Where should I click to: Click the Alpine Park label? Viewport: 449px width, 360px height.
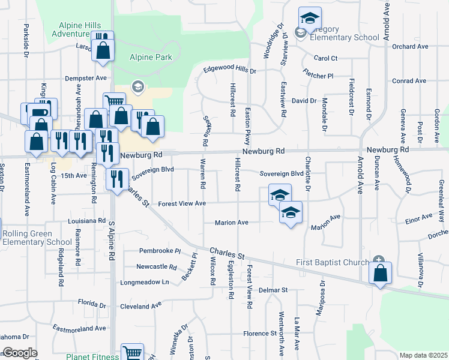click(x=151, y=58)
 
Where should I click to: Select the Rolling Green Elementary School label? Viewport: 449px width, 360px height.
click(x=37, y=238)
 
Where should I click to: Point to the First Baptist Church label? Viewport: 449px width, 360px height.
click(x=334, y=263)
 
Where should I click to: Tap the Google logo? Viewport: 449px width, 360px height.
click(x=20, y=353)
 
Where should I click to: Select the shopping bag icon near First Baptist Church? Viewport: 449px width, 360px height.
click(x=381, y=273)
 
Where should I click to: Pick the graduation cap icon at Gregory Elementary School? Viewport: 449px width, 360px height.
click(x=310, y=18)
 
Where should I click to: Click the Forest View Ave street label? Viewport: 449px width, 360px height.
click(x=182, y=204)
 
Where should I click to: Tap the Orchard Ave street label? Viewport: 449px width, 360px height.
click(x=410, y=46)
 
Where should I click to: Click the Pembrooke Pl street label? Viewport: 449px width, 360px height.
click(x=160, y=250)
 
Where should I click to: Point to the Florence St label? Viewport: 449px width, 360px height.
click(x=259, y=333)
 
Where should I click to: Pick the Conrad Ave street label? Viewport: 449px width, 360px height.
click(x=409, y=81)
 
